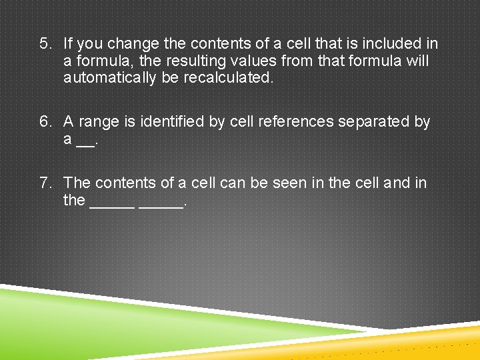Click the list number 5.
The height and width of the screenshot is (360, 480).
tap(45, 45)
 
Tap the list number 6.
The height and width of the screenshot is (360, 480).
tap(45, 122)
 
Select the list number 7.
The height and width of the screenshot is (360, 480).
tap(45, 183)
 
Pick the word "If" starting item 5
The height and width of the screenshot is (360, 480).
tap(68, 45)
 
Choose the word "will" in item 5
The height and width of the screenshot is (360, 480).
tap(417, 62)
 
